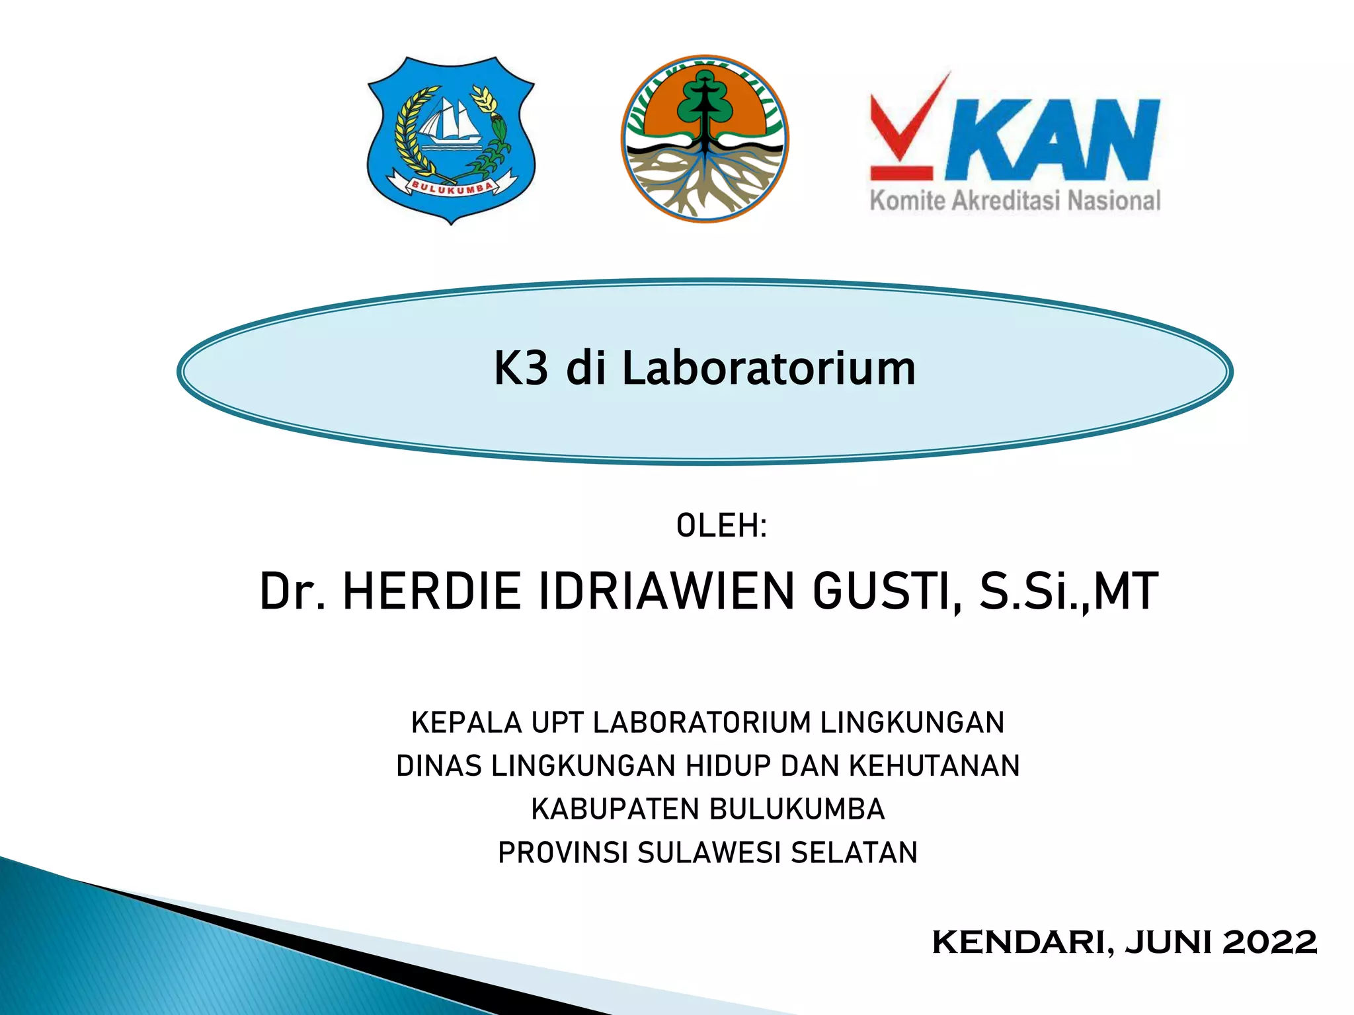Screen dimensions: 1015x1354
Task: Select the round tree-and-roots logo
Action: point(705,139)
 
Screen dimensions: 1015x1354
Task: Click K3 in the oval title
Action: point(521,368)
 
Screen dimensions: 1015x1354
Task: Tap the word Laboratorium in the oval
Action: point(769,368)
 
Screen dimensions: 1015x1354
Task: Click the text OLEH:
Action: point(721,526)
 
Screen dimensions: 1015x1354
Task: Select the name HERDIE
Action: point(432,591)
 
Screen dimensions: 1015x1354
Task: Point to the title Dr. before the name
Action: point(292,591)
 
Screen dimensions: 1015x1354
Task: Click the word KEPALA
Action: point(466,722)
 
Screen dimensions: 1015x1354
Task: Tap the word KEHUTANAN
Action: point(934,766)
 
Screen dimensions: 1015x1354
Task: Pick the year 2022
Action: point(1269,942)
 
